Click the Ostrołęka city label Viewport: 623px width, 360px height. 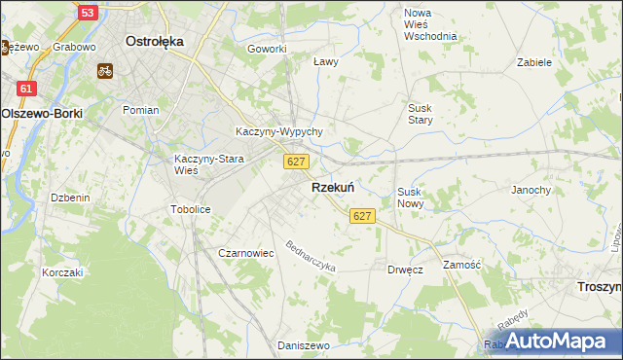(x=156, y=42)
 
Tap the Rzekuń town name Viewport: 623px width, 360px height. (x=332, y=187)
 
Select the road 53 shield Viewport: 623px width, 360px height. (x=87, y=13)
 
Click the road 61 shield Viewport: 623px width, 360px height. (x=26, y=89)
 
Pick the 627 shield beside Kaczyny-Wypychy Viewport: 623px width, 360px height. (x=298, y=162)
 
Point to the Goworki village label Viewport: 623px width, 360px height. (x=267, y=49)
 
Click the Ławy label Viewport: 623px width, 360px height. (x=325, y=61)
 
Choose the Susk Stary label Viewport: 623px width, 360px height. (x=420, y=113)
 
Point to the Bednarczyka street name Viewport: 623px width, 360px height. (x=311, y=255)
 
